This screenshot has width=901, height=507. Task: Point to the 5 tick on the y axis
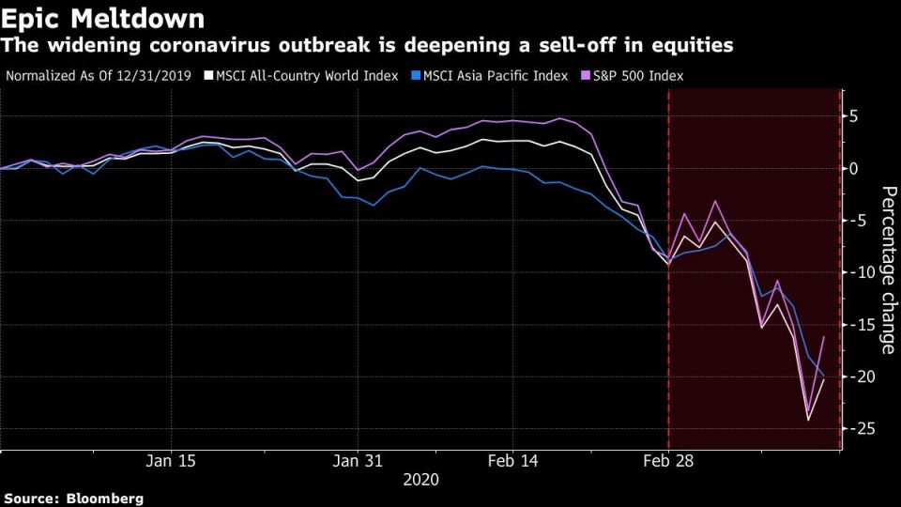coord(854,116)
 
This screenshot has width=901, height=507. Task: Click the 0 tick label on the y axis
coord(854,169)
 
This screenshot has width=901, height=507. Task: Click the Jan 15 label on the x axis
coord(173,461)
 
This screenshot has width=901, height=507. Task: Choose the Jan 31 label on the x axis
coord(359,461)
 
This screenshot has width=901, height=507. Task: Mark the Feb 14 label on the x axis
coord(512,461)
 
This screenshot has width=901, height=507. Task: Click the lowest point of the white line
coord(808,420)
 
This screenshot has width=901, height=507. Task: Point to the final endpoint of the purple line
coord(824,336)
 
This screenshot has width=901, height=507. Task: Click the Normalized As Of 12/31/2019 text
coord(98,75)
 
